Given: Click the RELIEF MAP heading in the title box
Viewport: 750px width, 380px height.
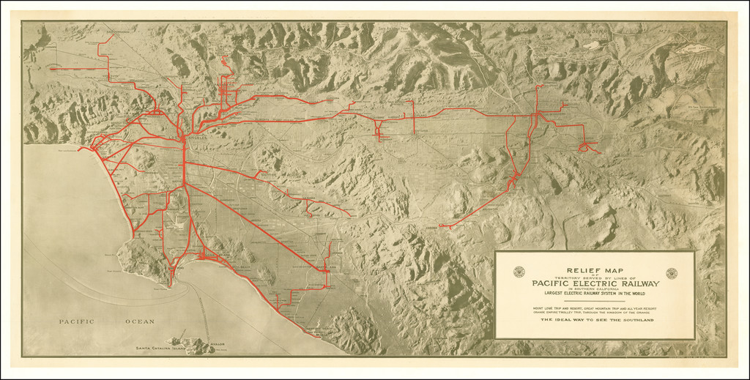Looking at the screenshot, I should [595, 270].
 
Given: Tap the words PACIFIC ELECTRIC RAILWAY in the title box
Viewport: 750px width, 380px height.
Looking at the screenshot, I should [595, 284].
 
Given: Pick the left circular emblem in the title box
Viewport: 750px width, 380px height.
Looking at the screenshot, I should [519, 272].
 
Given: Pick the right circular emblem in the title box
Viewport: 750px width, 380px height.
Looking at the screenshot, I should [671, 273].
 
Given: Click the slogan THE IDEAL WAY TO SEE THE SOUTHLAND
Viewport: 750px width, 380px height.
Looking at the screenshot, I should [595, 319].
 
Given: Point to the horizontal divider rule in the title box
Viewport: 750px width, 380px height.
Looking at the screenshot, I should [595, 301].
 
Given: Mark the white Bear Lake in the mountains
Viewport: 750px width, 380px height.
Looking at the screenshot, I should [692, 49].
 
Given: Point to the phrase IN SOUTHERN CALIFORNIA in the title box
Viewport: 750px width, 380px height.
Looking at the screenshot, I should [595, 290].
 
